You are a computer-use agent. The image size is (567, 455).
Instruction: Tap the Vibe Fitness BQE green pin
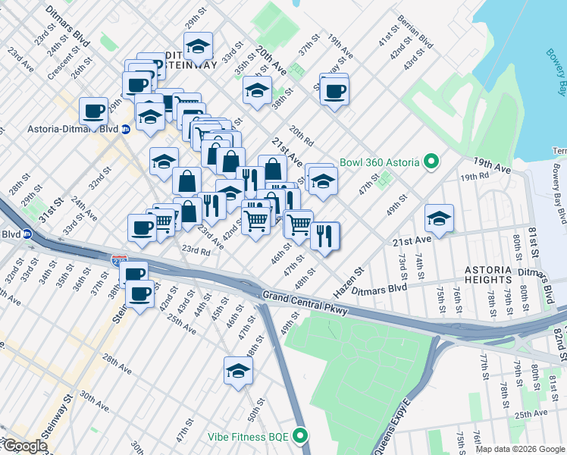[x=301, y=437]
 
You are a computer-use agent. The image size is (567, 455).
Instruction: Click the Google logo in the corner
[x=24, y=446]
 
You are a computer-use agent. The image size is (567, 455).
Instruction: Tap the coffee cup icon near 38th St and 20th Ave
[x=334, y=92]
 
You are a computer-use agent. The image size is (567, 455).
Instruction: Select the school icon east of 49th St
[x=438, y=218]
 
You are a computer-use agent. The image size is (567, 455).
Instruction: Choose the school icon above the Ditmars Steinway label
[x=199, y=47]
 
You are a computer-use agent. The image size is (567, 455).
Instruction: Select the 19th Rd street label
[x=474, y=176]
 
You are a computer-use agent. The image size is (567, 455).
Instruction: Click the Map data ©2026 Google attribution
[x=520, y=449]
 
